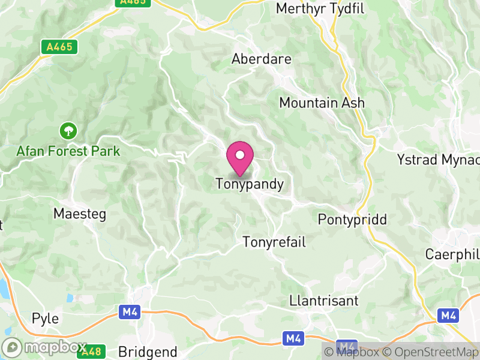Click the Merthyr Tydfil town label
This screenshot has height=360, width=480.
[x=321, y=8]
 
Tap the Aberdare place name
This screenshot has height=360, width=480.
[x=262, y=59]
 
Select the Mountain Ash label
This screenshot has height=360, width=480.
[x=322, y=103]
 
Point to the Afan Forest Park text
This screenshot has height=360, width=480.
[x=67, y=151]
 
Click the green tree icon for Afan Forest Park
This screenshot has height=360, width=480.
[x=67, y=130]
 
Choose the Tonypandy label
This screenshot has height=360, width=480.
[x=250, y=184]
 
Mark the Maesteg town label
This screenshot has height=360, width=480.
[x=79, y=214]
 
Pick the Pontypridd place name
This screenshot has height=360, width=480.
[x=352, y=218]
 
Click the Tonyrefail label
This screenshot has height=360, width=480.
[x=274, y=242]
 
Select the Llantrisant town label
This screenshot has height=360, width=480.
[x=323, y=300]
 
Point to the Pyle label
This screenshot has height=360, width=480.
[x=46, y=318]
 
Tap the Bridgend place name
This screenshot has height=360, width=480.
[x=148, y=352]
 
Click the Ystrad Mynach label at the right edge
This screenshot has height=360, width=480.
[x=439, y=160]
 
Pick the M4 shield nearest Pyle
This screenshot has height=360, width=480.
[x=129, y=312]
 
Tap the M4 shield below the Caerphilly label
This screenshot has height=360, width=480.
[x=448, y=315]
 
